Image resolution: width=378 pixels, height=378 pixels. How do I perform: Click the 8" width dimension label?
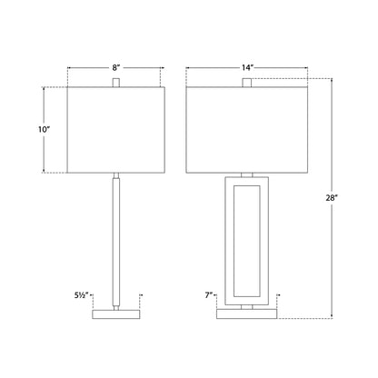click(116, 68)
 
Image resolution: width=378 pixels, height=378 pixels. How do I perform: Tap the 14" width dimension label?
click(247, 68)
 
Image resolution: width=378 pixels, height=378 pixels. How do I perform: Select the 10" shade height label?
click(44, 130)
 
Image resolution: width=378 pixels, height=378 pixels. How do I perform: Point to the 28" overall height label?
click(332, 198)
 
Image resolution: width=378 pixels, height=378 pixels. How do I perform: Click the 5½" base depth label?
click(81, 295)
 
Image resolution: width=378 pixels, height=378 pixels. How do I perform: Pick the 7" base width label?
click(209, 295)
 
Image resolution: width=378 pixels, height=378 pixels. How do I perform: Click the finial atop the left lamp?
click(116, 83)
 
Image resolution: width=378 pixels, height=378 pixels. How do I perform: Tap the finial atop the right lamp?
click(247, 83)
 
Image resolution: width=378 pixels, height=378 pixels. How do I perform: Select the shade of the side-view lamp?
click(116, 130)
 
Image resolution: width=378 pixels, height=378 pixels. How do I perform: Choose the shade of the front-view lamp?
click(247, 130)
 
